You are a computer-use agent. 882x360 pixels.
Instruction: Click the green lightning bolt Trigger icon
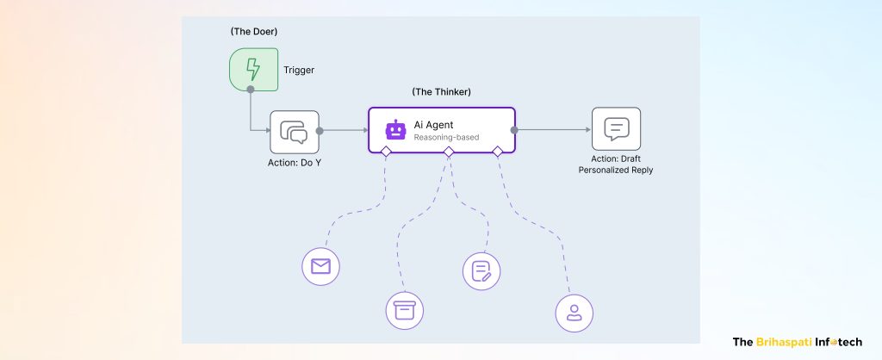(253, 70)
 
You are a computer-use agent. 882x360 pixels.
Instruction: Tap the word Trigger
(299, 71)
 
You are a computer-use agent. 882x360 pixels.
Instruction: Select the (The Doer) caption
(253, 32)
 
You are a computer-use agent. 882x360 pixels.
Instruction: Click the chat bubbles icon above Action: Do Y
(295, 131)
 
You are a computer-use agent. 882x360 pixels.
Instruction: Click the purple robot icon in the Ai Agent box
(395, 130)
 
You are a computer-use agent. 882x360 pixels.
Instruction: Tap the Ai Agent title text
(433, 125)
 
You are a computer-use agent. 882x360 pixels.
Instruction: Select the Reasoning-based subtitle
(446, 138)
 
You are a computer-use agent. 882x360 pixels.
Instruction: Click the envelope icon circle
(321, 267)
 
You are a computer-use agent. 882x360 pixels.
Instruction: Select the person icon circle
(575, 313)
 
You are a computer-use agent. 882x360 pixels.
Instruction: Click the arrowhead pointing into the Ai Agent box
(363, 131)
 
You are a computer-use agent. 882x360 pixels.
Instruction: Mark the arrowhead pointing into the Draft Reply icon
(587, 131)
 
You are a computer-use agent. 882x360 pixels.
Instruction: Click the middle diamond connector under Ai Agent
(448, 152)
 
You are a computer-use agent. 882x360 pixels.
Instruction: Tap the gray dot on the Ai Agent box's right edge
(514, 131)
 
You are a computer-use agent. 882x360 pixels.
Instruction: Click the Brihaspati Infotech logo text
(796, 341)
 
